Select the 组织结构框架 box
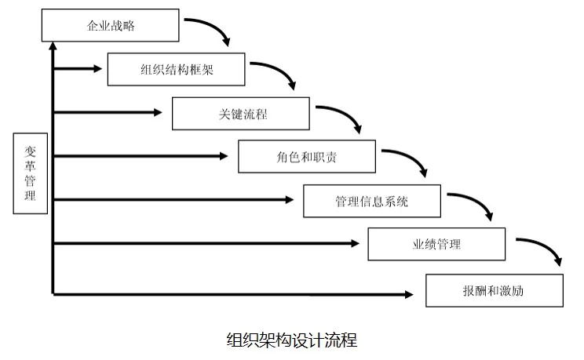177,69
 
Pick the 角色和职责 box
307,157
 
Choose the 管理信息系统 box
372,201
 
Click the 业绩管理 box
436,244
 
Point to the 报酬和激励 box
494,290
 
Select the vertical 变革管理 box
30,173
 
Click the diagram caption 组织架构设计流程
291,340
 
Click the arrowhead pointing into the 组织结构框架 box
97,69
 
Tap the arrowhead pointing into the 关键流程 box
162,113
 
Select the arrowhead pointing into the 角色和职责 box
228,157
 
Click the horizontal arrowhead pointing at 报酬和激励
408,294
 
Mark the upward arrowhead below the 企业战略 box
53,48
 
